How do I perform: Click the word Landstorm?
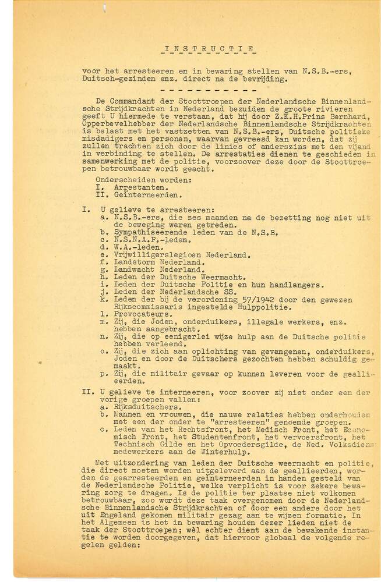(x=129, y=262)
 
